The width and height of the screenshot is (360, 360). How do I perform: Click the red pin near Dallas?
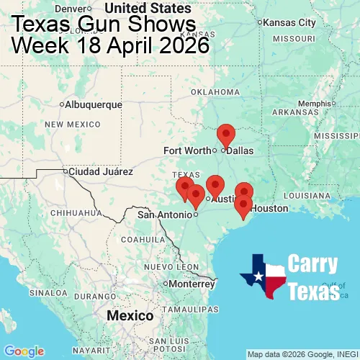(x=226, y=135)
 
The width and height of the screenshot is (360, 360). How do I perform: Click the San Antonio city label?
(x=164, y=215)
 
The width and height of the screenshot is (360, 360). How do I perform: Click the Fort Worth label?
(x=187, y=150)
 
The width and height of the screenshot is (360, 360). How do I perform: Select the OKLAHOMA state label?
(x=215, y=92)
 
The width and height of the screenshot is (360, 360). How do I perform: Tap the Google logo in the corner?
(x=23, y=351)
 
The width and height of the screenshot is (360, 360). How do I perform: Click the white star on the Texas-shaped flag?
(x=257, y=276)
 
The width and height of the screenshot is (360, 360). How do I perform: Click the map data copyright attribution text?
(x=302, y=354)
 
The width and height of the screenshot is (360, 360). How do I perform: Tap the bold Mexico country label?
(x=130, y=316)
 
